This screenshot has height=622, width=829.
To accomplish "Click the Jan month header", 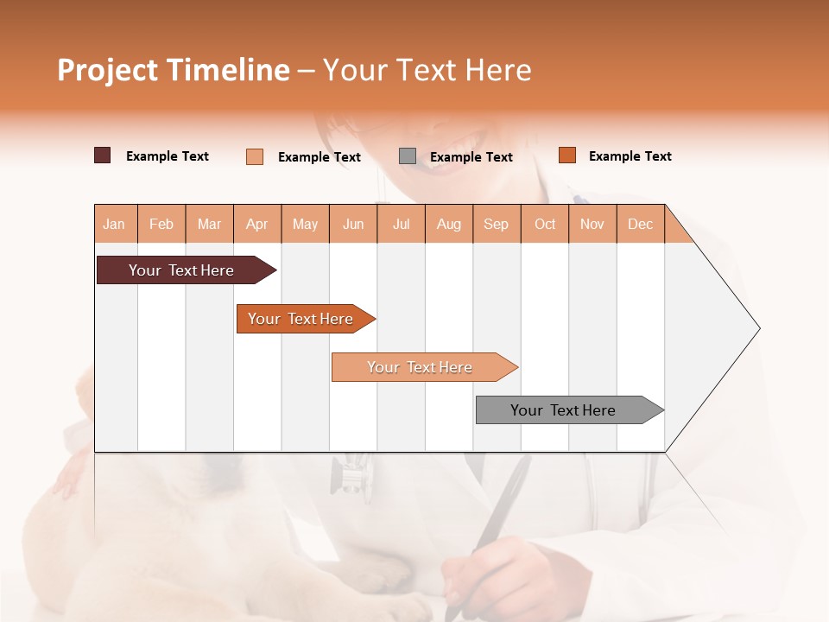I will (114, 224).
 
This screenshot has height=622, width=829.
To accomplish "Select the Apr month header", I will (256, 224).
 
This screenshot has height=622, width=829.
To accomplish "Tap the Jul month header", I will (401, 224).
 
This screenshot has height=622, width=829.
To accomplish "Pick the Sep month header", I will (496, 224).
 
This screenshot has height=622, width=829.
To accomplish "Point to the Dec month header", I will (640, 224).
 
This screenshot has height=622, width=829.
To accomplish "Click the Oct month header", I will (545, 224).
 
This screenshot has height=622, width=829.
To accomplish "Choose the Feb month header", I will (161, 224).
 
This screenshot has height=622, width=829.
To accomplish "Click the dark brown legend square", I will (102, 155).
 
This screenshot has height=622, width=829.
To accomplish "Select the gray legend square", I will (408, 156).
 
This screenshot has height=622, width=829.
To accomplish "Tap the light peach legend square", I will (255, 156).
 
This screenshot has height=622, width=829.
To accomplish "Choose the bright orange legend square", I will (566, 155).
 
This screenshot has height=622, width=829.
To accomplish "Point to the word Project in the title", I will (107, 70).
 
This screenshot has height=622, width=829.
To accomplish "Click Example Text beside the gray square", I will (471, 157).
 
